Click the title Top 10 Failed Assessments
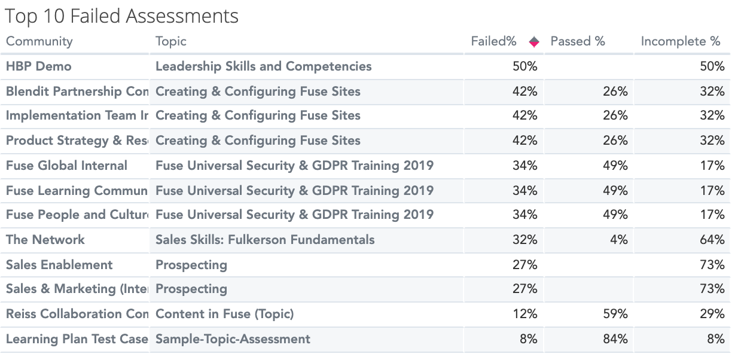(122, 16)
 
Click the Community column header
(39, 41)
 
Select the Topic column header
(171, 41)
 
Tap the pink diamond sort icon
(534, 42)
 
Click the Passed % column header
(578, 41)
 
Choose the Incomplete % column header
(681, 41)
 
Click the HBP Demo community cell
(38, 66)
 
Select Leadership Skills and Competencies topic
(263, 66)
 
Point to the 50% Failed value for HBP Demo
(524, 66)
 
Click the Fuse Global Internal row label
(66, 166)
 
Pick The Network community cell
(45, 240)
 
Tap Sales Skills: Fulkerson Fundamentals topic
(265, 240)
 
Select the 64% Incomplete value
(712, 240)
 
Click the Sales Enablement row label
(59, 265)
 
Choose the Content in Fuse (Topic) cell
(224, 314)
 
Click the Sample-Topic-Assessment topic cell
(233, 339)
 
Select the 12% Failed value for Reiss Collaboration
(524, 314)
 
